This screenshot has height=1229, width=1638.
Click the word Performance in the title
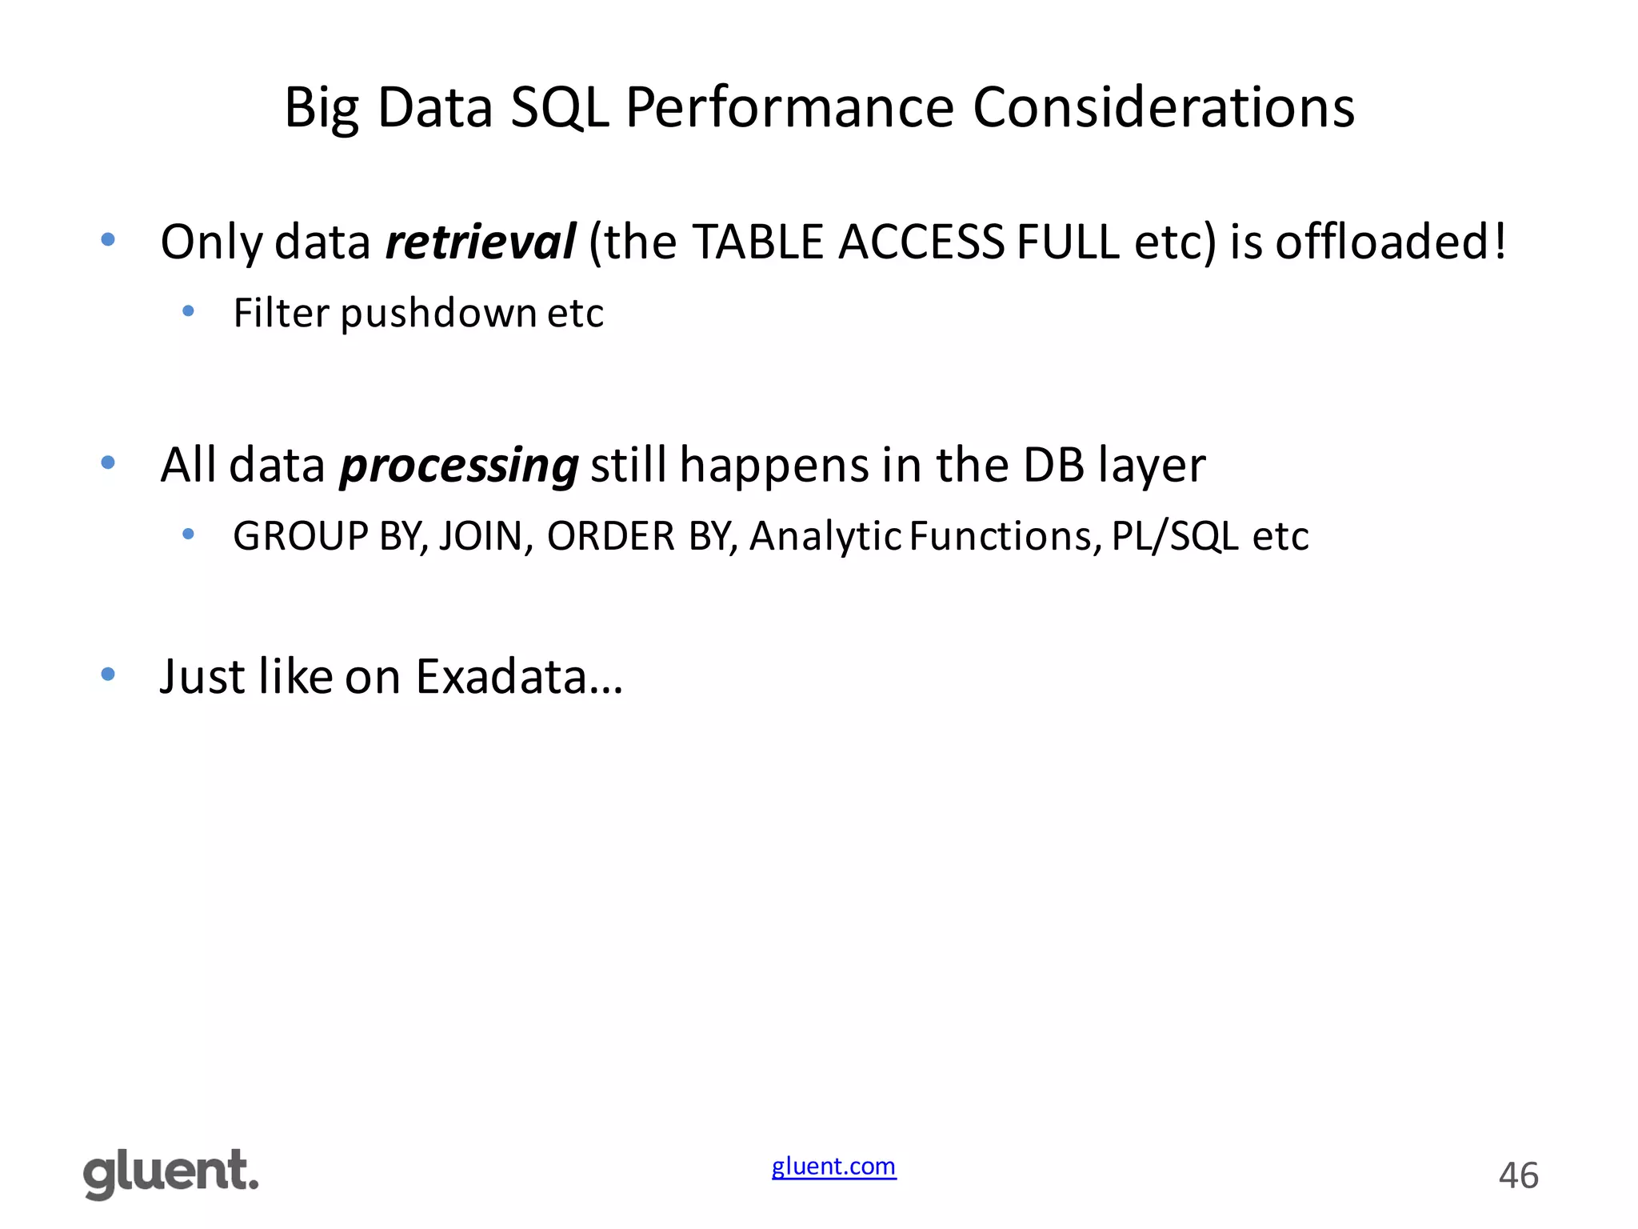789,107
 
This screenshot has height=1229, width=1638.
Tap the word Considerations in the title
1164,107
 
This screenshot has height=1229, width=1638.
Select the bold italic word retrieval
480,242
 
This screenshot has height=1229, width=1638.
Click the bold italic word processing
459,466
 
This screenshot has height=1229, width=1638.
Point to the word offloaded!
1391,242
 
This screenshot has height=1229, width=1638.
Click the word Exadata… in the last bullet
519,677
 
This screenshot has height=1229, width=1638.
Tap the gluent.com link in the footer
833,1167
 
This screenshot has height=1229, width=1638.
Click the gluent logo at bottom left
171,1174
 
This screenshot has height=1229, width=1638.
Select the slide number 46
1518,1175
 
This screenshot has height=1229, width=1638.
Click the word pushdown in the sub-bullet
438,313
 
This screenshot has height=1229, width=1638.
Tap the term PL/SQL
1175,536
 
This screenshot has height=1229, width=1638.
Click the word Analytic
825,536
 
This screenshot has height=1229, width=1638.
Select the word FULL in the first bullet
1068,242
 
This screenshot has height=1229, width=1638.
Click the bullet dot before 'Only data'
108,239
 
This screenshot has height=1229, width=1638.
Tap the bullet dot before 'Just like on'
108,675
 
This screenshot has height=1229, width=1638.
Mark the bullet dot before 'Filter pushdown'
189,311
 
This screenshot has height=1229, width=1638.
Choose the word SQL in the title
560,107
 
